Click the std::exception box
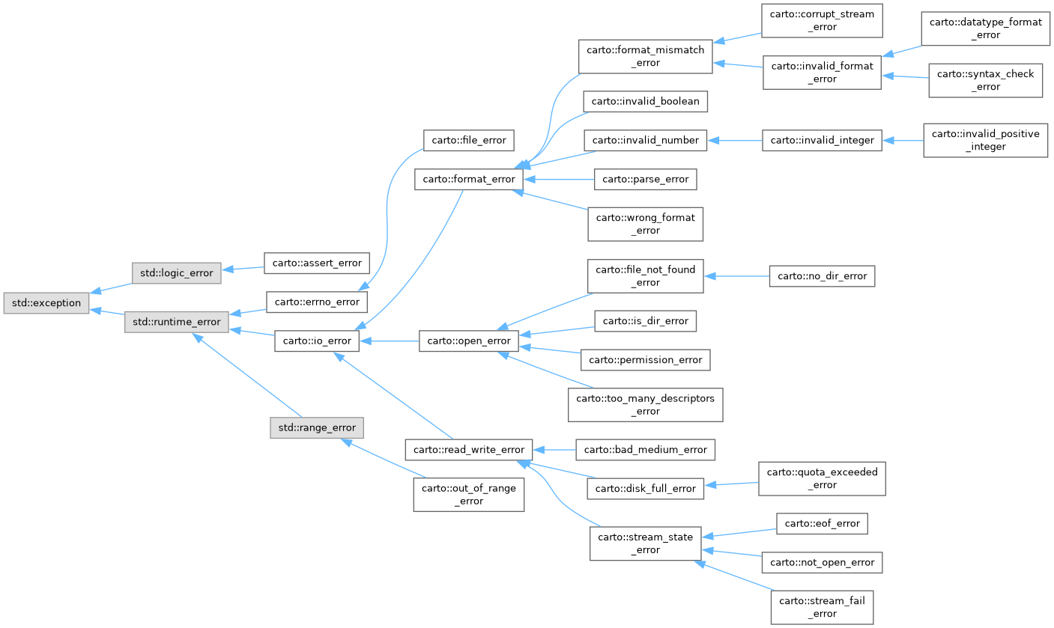point(46,303)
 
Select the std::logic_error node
point(176,273)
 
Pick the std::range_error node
point(317,427)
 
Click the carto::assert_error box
point(318,263)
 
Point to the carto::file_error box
point(469,140)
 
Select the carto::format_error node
point(468,179)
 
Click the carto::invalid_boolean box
point(646,101)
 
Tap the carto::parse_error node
point(645,179)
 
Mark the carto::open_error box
point(468,341)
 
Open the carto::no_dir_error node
point(822,276)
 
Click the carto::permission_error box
point(646,360)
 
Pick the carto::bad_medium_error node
point(645,450)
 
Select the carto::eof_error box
point(822,523)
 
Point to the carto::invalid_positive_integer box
point(985,140)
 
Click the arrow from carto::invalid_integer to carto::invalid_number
point(735,140)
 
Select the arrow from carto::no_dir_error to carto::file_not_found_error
point(737,276)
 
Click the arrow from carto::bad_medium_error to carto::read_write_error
point(554,450)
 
